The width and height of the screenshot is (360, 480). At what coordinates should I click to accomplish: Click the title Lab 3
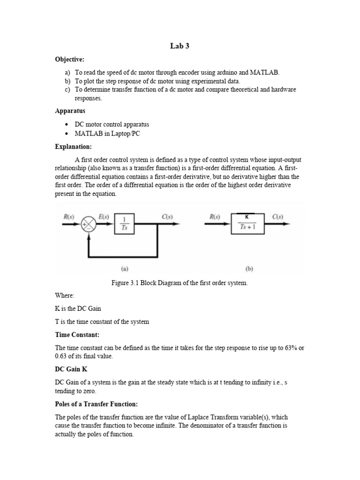coord(180,46)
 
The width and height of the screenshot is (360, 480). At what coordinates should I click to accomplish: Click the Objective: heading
coord(70,60)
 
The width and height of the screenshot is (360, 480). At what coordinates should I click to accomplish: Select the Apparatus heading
coord(70,111)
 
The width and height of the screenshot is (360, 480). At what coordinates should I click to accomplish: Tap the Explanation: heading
coord(74,147)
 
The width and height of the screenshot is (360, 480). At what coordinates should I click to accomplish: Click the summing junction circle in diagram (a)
coord(89,224)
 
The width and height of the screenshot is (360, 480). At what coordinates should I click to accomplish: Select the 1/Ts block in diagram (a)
coord(124,224)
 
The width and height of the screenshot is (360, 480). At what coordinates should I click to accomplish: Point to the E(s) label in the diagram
coord(105,217)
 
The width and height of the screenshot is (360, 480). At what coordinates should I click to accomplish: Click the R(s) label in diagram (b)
coord(215,217)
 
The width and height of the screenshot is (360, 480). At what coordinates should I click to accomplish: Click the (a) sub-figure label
coord(125,269)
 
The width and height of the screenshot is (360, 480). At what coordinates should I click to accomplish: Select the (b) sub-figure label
coord(249,269)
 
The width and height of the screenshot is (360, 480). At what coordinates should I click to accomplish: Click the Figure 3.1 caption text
coord(179,283)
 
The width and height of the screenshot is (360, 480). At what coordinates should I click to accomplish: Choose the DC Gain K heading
coord(71,369)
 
